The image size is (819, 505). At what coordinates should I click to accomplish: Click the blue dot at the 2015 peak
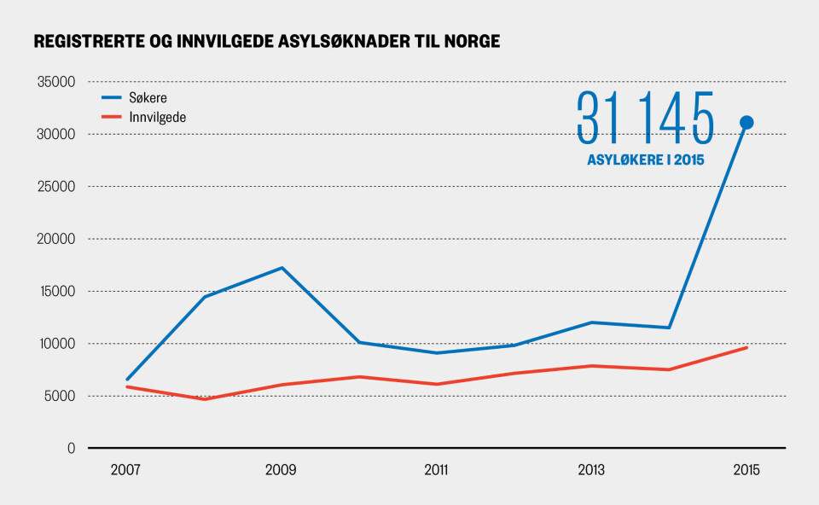point(746,122)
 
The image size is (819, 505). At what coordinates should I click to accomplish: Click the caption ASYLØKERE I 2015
point(645,160)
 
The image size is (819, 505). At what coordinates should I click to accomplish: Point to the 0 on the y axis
point(72,448)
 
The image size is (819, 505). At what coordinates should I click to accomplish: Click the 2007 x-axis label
point(125,470)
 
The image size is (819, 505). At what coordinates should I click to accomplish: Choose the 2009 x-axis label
point(281,470)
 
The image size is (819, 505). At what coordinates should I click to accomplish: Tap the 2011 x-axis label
point(435,470)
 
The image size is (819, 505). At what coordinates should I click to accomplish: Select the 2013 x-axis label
point(590,470)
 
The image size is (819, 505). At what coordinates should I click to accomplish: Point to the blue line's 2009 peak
point(281,268)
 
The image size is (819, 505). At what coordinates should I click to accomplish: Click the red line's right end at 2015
point(746,347)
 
